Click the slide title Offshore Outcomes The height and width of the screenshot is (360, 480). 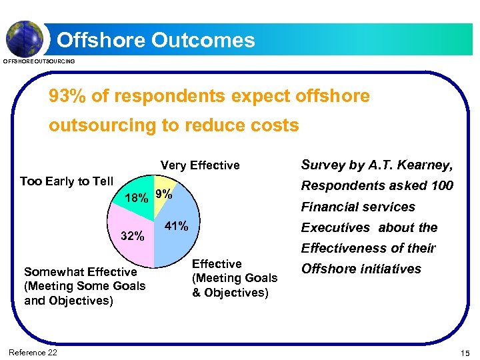tap(156, 40)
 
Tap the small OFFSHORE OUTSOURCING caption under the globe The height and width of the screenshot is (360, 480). tap(39, 61)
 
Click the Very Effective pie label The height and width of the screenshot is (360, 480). tap(199, 165)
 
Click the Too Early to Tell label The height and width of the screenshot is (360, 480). tap(67, 181)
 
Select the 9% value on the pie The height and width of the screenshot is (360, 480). tap(163, 195)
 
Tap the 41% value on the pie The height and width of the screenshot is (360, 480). tap(177, 226)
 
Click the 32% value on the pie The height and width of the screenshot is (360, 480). tap(132, 235)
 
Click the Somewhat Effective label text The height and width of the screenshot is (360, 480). tap(80, 272)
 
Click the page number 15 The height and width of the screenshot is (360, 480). tap(464, 353)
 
